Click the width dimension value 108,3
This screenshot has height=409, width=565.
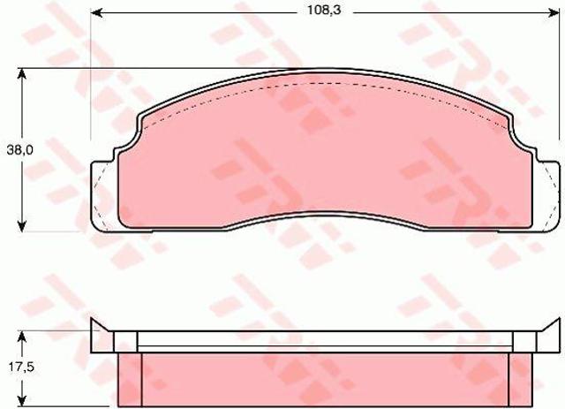(324, 10)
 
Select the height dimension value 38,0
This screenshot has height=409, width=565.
(19, 149)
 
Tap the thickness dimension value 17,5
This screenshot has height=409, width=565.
(20, 367)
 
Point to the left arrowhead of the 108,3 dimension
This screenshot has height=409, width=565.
(95, 13)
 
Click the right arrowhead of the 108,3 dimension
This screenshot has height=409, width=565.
(554, 13)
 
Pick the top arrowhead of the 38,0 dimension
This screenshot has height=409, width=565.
(22, 74)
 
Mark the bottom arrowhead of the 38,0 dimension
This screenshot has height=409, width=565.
(22, 226)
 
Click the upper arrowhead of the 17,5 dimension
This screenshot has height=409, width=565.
(22, 337)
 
